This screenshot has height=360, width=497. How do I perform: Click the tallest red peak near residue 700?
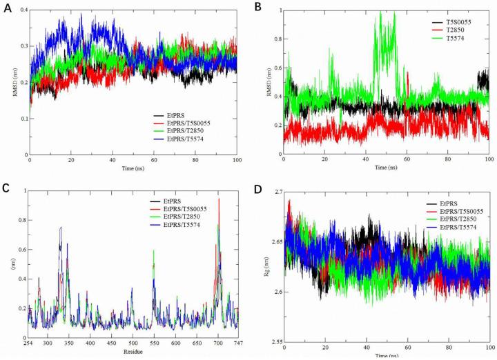coord(220,199)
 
